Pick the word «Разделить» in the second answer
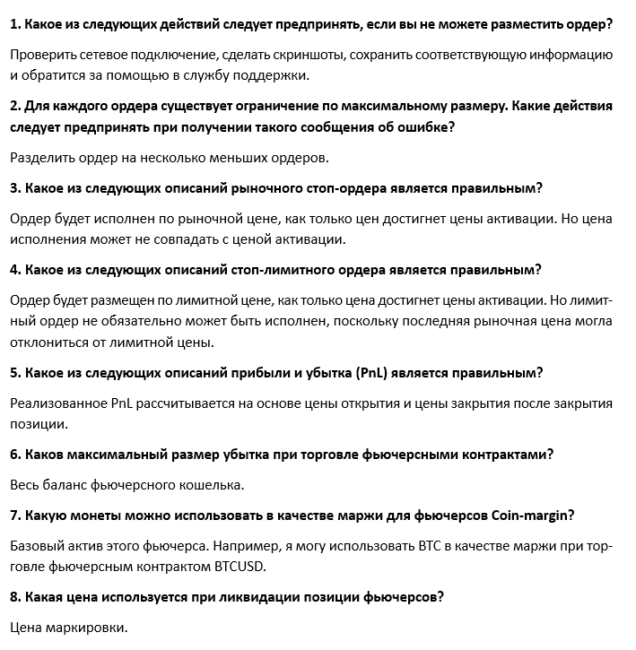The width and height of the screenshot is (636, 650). click(43, 158)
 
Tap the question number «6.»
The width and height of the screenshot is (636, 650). click(15, 455)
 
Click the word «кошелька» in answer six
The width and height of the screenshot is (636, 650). click(212, 485)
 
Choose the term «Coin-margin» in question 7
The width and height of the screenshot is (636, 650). click(533, 516)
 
